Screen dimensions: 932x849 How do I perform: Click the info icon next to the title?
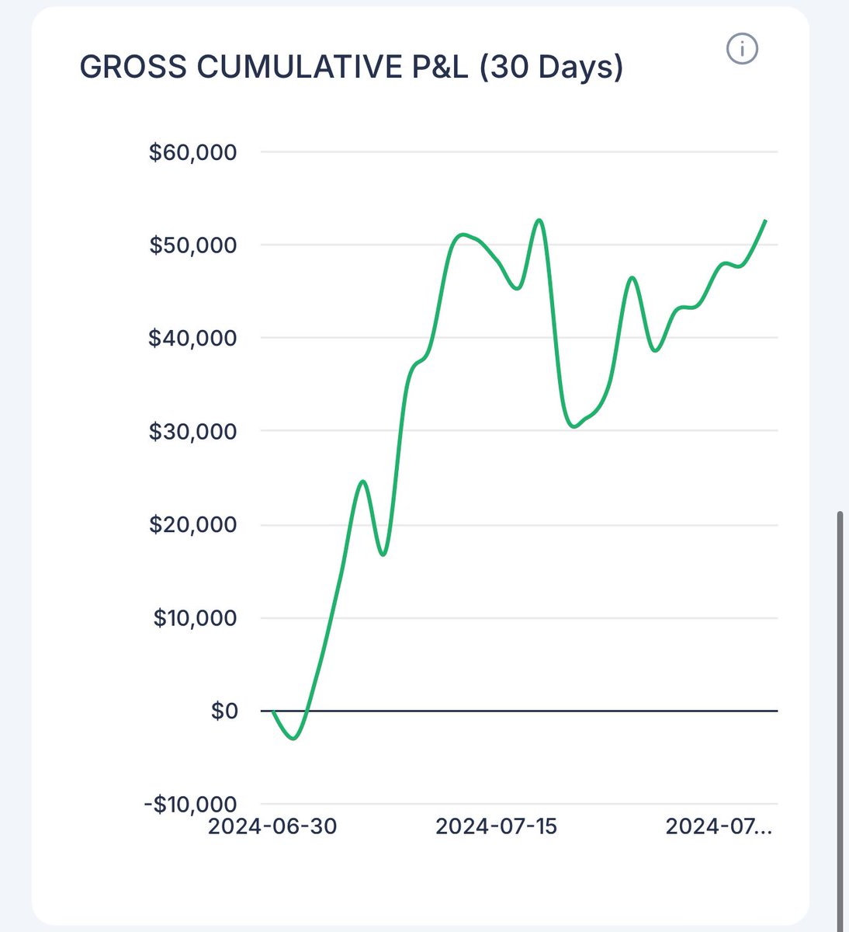click(742, 50)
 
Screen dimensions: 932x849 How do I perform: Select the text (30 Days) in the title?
click(551, 68)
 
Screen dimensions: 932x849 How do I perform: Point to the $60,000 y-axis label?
click(192, 152)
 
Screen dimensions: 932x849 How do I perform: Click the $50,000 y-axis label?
click(192, 245)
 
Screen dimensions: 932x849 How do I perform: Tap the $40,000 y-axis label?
click(192, 339)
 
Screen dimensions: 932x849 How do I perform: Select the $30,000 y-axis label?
click(192, 432)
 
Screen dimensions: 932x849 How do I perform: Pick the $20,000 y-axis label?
click(192, 525)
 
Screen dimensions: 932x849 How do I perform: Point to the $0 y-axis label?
click(224, 711)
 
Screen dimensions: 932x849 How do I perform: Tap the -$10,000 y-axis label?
click(189, 804)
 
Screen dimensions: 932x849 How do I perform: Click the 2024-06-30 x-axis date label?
click(272, 826)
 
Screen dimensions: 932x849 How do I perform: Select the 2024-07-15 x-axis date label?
click(497, 826)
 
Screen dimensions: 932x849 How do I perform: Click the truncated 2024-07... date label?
click(719, 826)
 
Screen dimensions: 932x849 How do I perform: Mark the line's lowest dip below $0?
click(293, 739)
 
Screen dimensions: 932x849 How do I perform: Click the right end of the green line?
click(766, 221)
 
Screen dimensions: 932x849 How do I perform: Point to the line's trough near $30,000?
click(573, 426)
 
